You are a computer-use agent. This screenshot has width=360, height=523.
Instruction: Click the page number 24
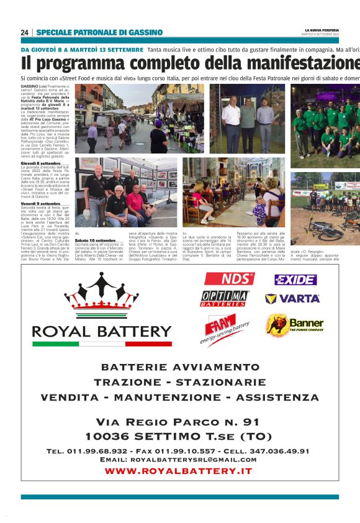click(x=24, y=32)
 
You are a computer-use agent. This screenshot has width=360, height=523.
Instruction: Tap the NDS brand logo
click(x=229, y=279)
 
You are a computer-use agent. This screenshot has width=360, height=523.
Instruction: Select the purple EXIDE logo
click(x=295, y=280)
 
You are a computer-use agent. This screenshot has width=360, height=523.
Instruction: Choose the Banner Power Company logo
click(x=295, y=324)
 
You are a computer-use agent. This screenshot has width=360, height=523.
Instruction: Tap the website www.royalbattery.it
click(x=179, y=471)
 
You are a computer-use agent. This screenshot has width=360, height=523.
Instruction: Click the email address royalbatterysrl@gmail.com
click(x=179, y=460)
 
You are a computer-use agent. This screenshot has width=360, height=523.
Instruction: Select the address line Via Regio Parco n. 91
click(x=179, y=422)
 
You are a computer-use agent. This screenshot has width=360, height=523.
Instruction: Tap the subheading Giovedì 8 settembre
click(x=41, y=163)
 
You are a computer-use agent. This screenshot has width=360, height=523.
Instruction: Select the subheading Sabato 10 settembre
click(x=95, y=240)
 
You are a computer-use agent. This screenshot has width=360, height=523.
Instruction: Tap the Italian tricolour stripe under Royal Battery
click(x=101, y=343)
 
